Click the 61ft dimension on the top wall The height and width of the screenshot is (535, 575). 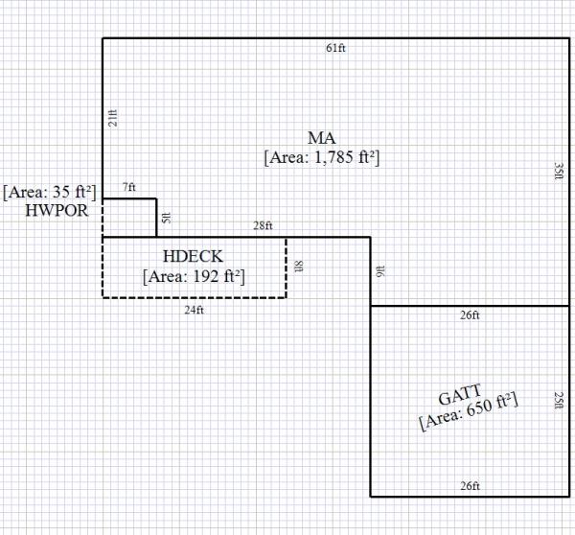click(335, 48)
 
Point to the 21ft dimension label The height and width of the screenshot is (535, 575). click(113, 117)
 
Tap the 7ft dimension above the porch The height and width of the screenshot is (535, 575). click(128, 187)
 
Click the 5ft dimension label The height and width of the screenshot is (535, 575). click(166, 218)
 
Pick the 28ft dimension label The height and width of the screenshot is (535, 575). click(263, 226)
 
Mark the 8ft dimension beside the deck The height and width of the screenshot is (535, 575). click(298, 267)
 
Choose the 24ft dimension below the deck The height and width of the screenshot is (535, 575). click(195, 310)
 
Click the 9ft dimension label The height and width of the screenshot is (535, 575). click(381, 271)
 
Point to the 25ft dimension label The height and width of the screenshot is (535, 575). click(559, 400)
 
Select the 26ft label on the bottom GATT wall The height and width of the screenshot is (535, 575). click(470, 486)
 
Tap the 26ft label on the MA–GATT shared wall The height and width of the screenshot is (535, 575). click(470, 315)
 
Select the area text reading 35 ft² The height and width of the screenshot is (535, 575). click(49, 192)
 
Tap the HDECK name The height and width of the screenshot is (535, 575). click(193, 258)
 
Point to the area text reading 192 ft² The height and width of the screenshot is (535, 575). click(194, 277)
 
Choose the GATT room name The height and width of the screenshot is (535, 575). click(460, 395)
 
